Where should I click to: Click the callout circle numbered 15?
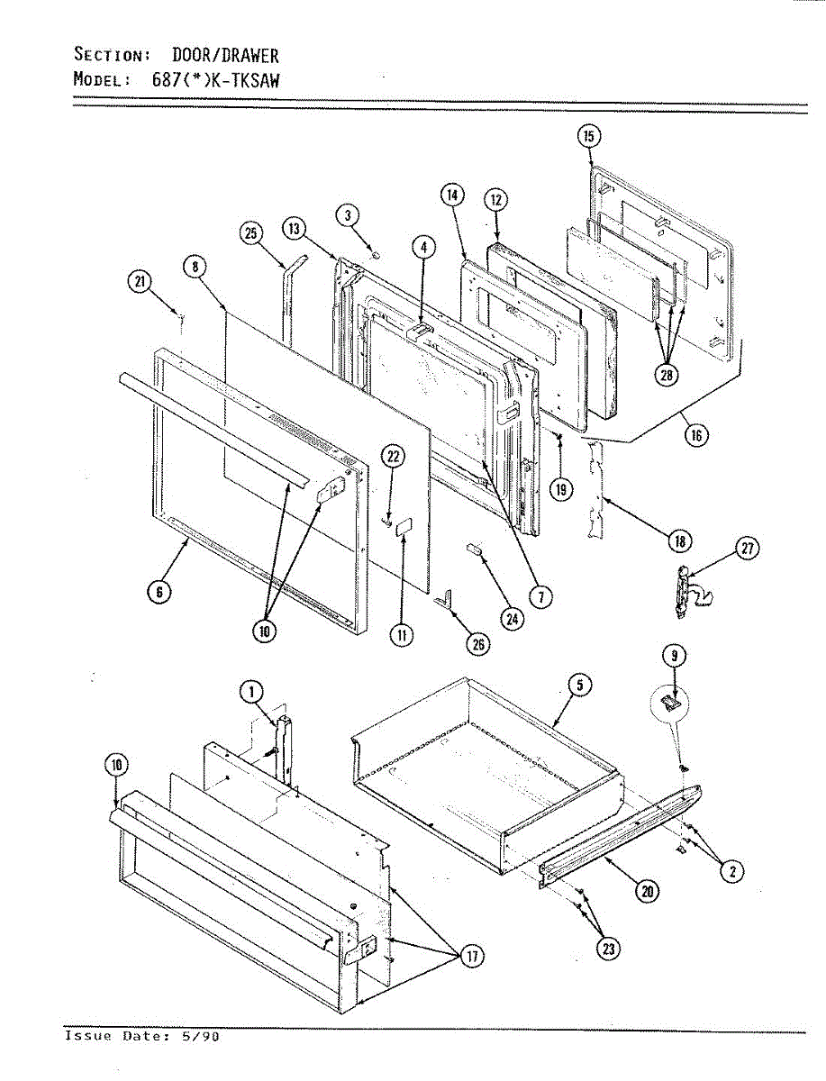click(588, 137)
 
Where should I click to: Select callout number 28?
click(667, 375)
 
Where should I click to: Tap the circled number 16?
click(696, 436)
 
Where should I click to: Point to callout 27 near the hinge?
click(748, 549)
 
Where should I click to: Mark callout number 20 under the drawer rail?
click(647, 892)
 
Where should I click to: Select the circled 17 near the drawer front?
click(470, 957)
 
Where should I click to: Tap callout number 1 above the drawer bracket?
click(250, 692)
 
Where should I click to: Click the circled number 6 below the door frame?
click(159, 592)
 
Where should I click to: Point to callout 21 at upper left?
click(140, 283)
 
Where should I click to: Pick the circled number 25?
click(250, 233)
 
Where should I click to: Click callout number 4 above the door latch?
click(423, 246)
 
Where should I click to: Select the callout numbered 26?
click(477, 643)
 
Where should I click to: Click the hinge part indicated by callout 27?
click(684, 592)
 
